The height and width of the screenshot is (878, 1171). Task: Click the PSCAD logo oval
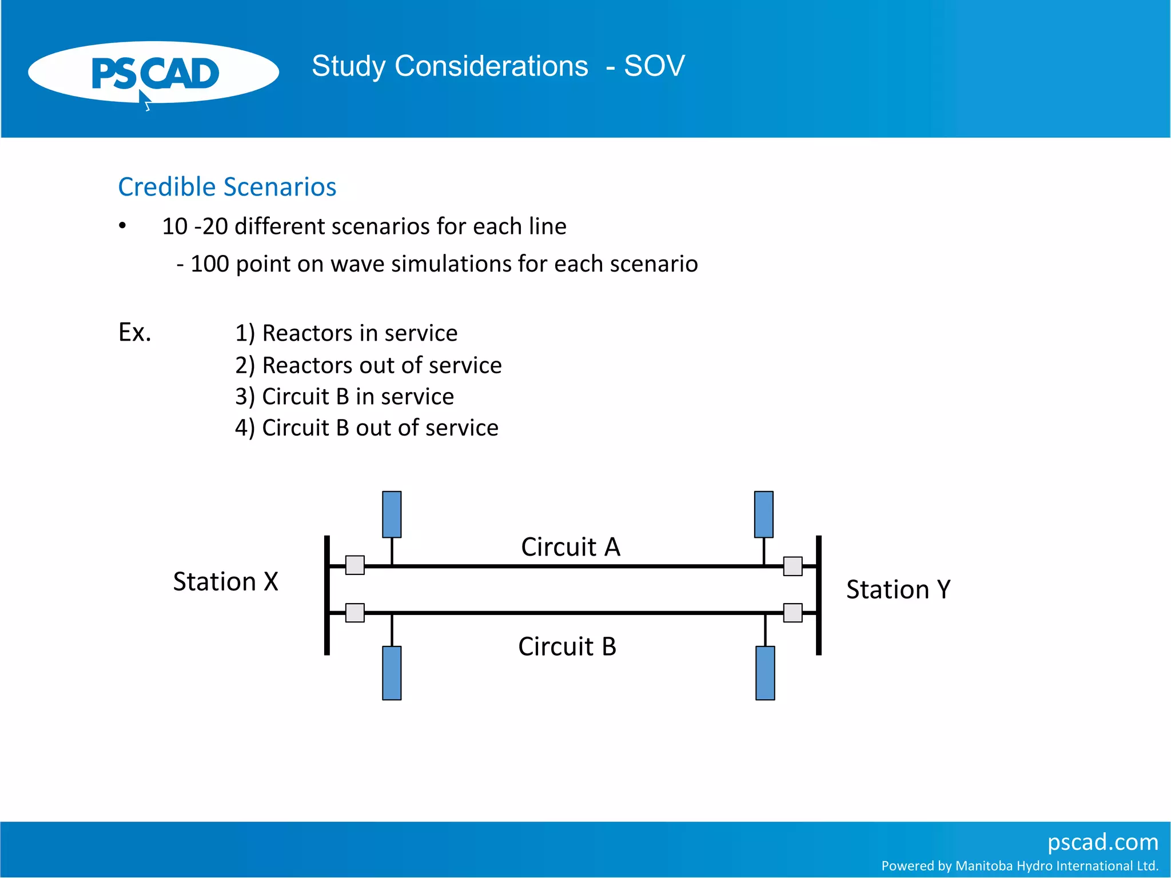coord(153,73)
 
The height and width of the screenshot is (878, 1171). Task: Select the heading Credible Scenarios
coord(227,187)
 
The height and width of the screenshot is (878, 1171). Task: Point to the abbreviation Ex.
coord(134,332)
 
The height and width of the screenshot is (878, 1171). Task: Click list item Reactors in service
coord(346,333)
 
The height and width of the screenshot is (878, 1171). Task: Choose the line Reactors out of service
coord(368,365)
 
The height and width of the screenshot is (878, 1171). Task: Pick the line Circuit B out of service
coord(367,428)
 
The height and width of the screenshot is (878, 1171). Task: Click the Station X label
coord(225,582)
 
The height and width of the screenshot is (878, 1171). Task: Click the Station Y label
coord(898,589)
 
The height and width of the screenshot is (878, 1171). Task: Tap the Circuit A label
coord(570,547)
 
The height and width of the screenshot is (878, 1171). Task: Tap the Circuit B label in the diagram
coord(567,646)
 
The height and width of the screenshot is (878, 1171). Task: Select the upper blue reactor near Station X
coord(392,514)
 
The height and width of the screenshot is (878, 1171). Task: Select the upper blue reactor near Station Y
coord(763,514)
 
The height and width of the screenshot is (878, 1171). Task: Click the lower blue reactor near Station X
coord(392,673)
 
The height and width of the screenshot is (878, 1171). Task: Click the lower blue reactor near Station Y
coord(765,673)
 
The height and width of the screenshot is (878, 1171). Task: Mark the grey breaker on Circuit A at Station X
coord(355,565)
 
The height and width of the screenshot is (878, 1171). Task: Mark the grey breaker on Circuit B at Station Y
coord(792,613)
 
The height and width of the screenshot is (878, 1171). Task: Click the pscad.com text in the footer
coord(1102,842)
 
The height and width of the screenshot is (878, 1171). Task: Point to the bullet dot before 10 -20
coord(122,226)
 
